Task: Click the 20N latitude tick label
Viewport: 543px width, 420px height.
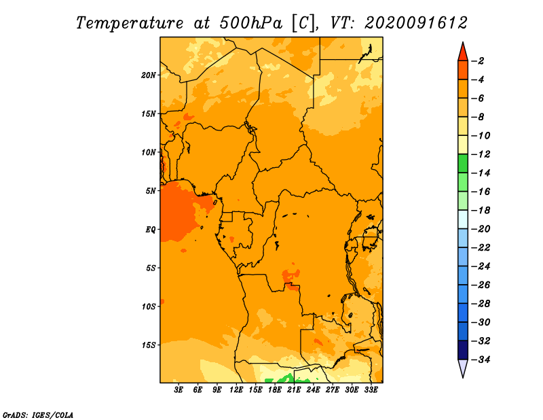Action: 148,75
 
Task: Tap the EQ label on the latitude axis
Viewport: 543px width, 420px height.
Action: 150,230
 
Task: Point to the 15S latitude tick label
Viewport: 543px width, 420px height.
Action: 148,345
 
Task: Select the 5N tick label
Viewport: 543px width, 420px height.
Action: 151,191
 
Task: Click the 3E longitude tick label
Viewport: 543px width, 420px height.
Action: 179,390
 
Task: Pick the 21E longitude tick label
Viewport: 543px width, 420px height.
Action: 294,390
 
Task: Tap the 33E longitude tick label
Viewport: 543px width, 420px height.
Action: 371,390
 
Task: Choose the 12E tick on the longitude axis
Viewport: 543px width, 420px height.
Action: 236,390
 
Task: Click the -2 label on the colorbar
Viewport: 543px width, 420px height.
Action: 478,61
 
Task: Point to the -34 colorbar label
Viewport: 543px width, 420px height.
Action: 481,360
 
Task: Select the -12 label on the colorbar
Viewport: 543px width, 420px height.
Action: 481,154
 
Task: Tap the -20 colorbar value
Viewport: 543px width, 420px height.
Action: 481,229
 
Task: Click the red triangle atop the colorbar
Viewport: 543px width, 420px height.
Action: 463,52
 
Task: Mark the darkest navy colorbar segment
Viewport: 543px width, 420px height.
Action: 463,350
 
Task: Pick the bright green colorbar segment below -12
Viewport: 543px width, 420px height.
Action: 463,163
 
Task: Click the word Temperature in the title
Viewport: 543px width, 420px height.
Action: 130,23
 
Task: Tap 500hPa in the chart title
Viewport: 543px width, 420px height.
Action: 250,23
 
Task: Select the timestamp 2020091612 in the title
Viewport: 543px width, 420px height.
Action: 416,23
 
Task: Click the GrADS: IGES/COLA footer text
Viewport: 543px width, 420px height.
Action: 38,415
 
